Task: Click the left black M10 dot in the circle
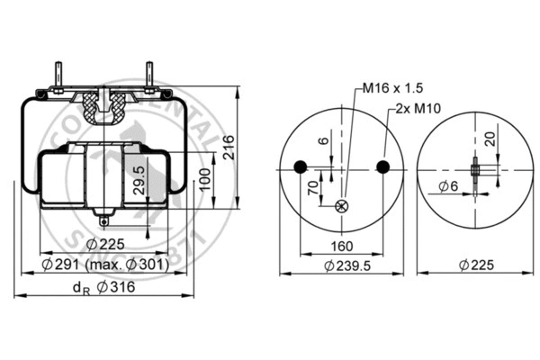[x=301, y=166]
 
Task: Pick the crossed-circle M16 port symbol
[x=341, y=206]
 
